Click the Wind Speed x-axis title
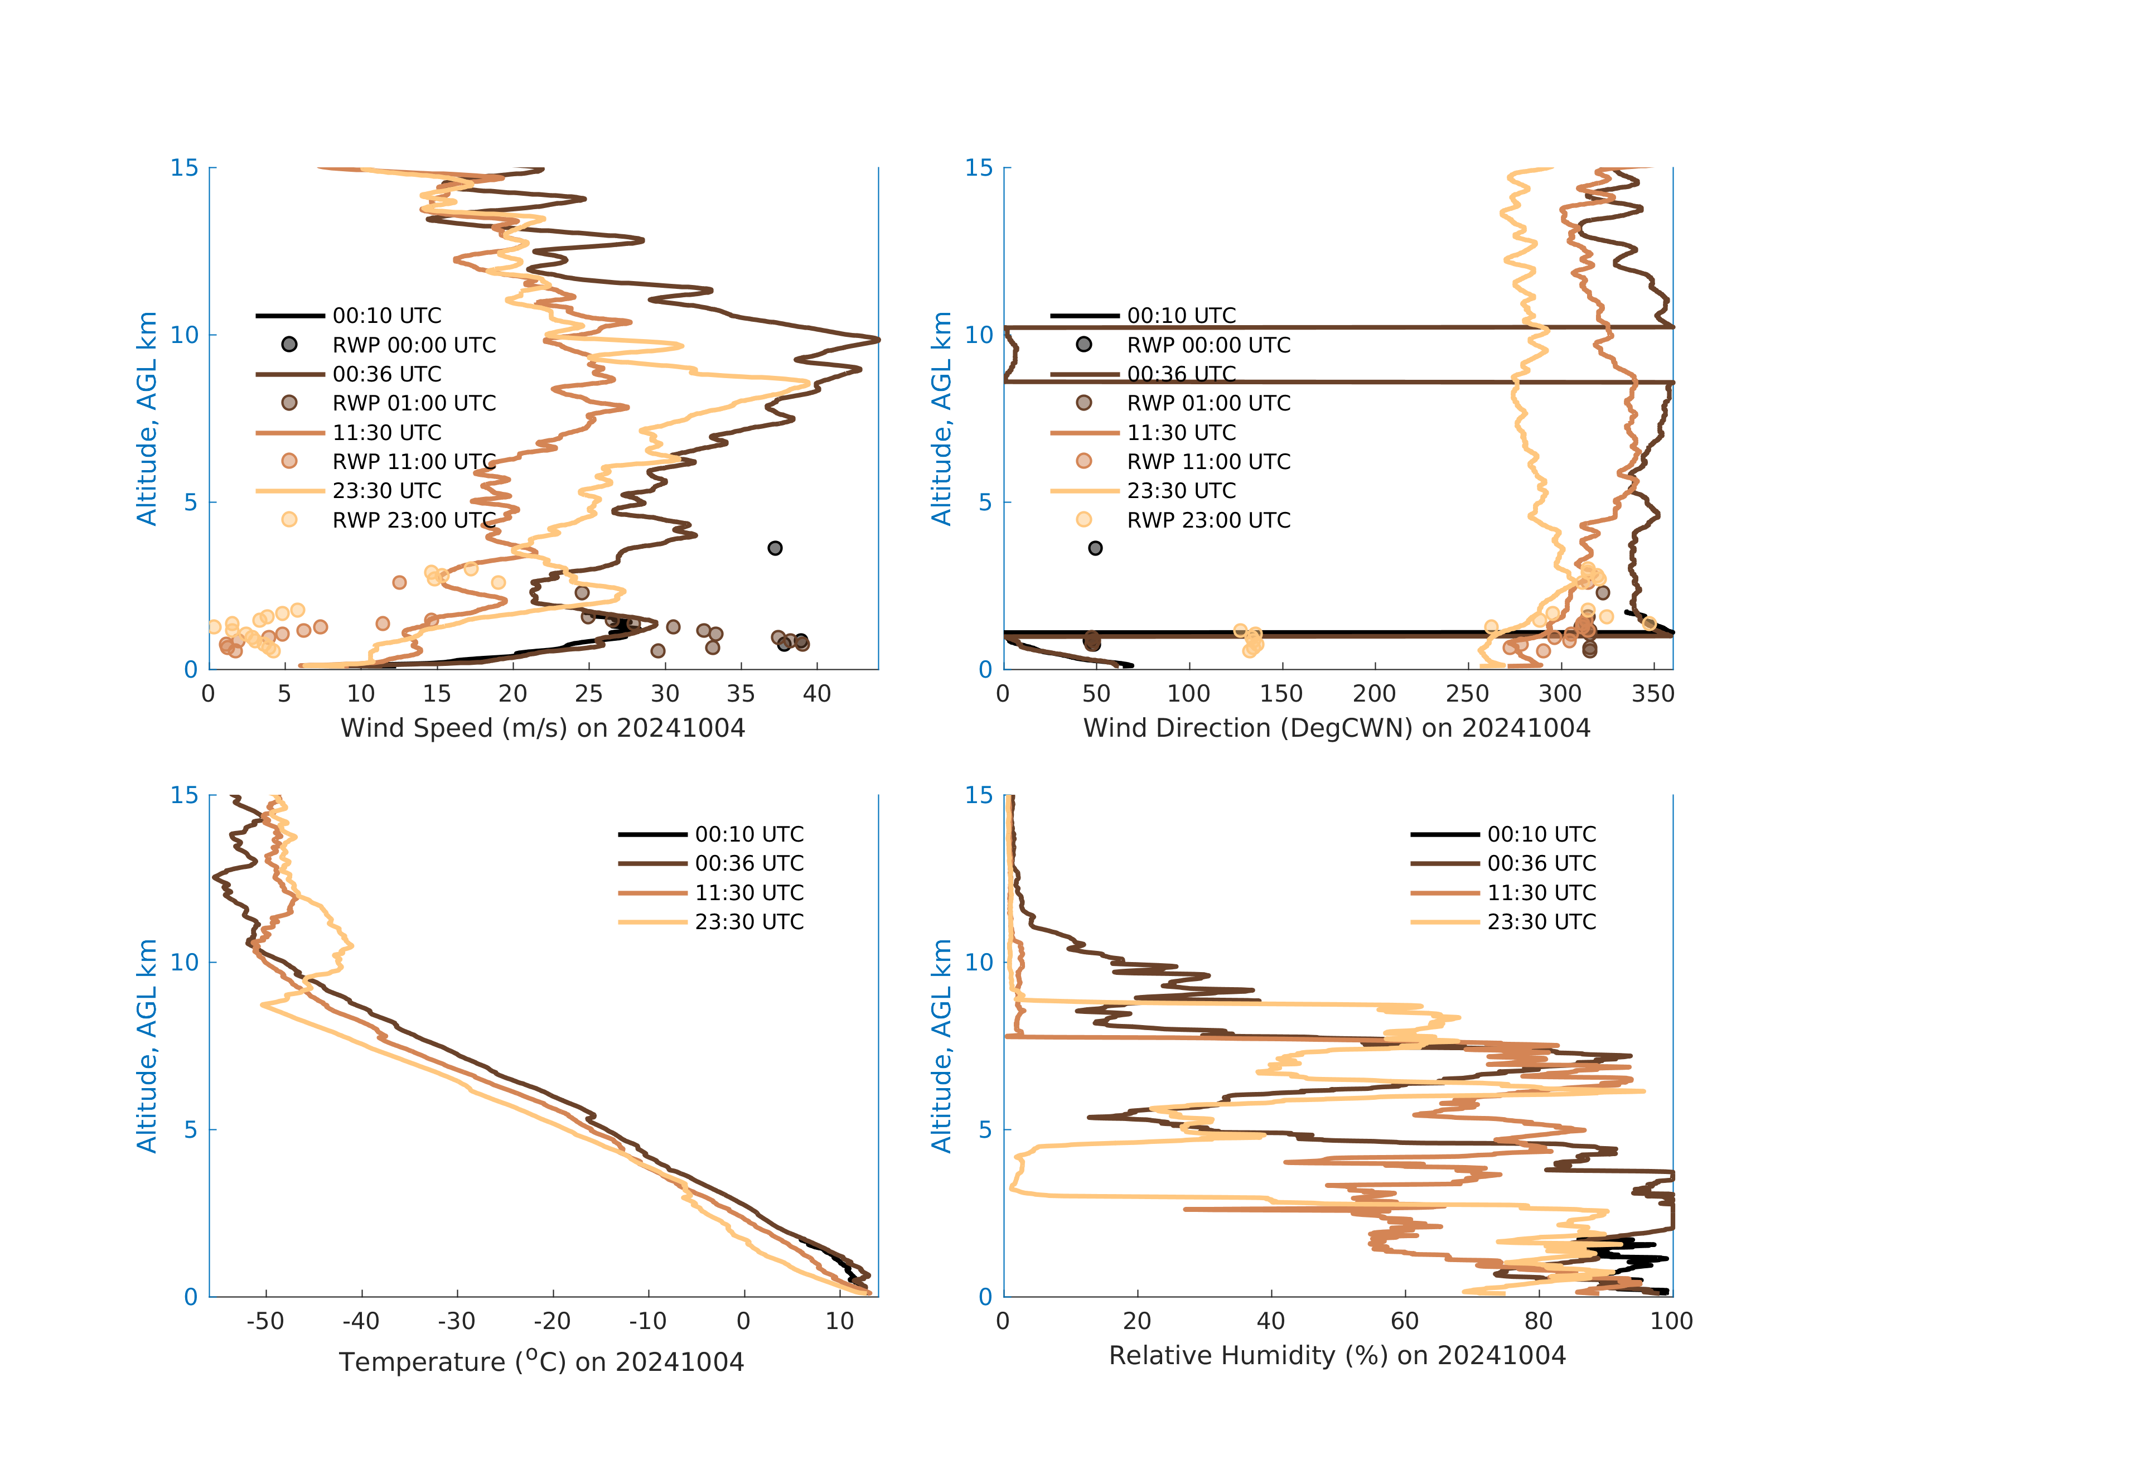coord(543,728)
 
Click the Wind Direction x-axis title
coord(1336,728)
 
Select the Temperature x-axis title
coord(541,1361)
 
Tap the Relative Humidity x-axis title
coord(1336,1356)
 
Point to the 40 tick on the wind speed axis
coord(816,694)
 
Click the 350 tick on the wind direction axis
coord(1652,694)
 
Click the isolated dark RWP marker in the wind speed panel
coord(775,548)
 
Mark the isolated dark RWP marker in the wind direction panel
coord(1095,548)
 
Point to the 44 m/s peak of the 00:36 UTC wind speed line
coord(877,340)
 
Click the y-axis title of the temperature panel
coord(147,1046)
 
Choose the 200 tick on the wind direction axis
coord(1374,694)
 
